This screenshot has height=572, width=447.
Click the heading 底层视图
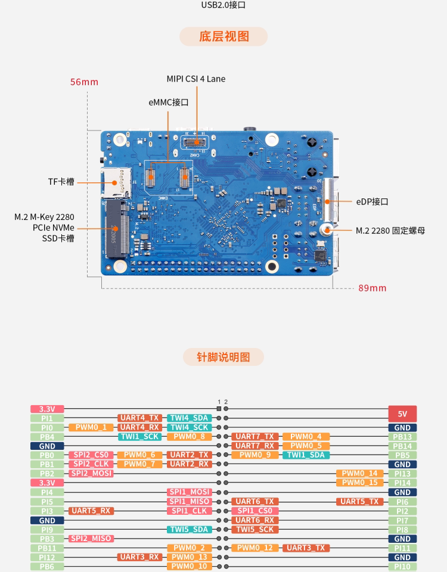[x=223, y=36]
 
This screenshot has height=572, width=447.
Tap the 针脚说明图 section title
[x=223, y=357]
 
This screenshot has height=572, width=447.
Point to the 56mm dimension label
[x=84, y=82]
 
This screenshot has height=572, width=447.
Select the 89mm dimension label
[x=372, y=288]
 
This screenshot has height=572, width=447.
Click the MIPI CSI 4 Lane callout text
[x=195, y=79]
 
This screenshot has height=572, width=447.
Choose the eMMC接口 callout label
[x=169, y=102]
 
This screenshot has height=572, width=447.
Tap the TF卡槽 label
[x=61, y=182]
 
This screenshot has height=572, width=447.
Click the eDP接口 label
[x=372, y=202]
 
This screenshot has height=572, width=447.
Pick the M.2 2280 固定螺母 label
[x=390, y=231]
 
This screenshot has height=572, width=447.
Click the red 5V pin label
[x=402, y=414]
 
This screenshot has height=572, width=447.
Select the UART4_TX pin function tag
[x=140, y=418]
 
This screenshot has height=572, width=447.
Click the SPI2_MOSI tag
[x=91, y=474]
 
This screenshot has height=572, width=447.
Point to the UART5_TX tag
[x=359, y=502]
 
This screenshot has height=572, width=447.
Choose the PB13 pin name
[x=402, y=437]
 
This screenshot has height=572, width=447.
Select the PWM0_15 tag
[x=359, y=483]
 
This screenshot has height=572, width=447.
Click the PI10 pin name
[x=402, y=567]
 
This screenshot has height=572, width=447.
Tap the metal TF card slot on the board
[x=117, y=182]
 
